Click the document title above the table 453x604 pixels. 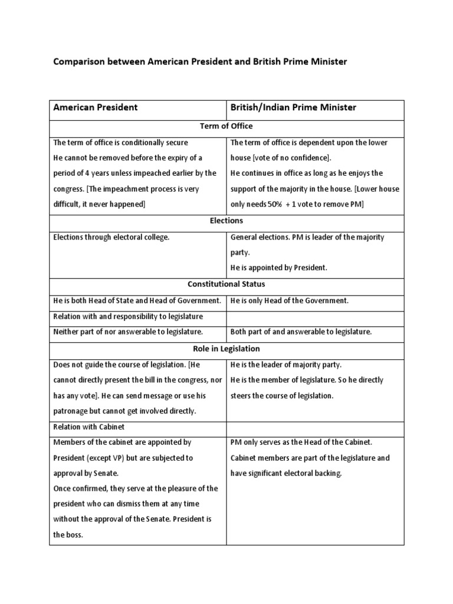tap(201, 62)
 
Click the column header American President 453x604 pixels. tap(96, 107)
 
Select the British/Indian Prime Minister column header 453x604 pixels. tap(293, 107)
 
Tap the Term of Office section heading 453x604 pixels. tap(226, 126)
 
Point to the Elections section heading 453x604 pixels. tap(226, 221)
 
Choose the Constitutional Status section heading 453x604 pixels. tap(226, 284)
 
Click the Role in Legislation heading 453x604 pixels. tap(226, 349)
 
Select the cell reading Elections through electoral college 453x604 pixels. tap(111, 237)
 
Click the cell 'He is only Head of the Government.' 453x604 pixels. tap(290, 301)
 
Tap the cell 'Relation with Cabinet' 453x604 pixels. tap(89, 427)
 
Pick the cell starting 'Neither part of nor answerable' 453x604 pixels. tap(128, 332)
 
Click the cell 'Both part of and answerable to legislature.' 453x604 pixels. tap(301, 332)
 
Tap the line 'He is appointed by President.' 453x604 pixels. tap(278, 268)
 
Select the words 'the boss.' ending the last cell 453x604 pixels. tap(68, 534)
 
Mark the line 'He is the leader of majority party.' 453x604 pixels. tap(286, 365)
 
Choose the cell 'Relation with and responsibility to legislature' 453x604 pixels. tap(128, 317)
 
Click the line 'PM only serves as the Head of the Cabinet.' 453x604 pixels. tap(301, 442)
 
